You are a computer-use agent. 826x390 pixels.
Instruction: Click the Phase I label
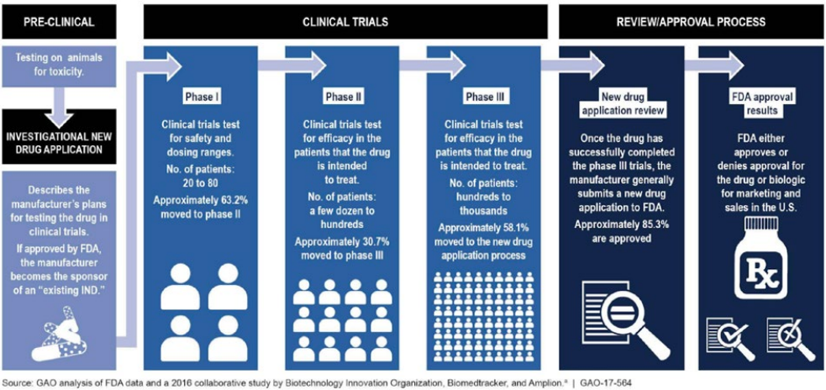(201, 96)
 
